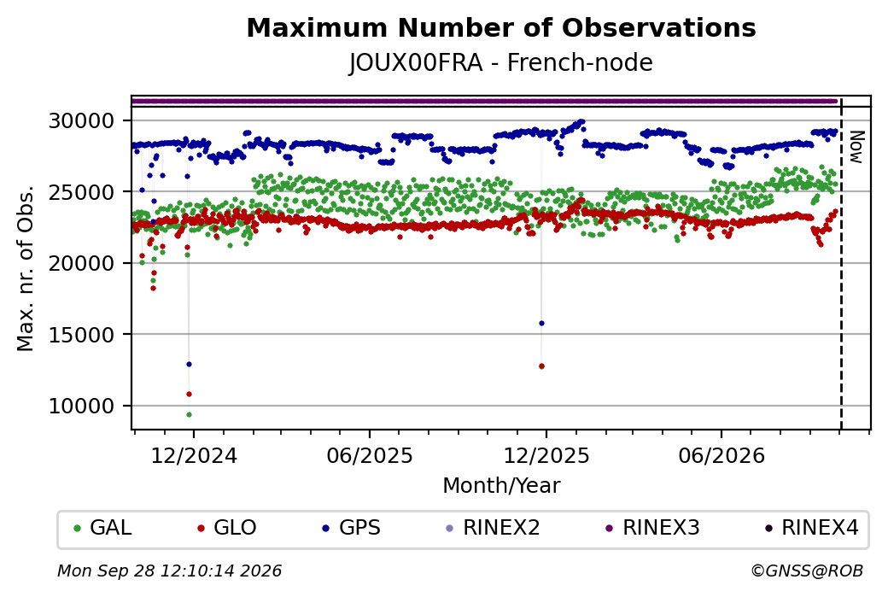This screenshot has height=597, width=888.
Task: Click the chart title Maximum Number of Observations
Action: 501,27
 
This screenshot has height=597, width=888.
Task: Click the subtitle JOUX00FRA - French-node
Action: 501,62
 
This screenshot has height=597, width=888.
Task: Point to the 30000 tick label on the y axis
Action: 82,120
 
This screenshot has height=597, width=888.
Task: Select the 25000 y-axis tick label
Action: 82,192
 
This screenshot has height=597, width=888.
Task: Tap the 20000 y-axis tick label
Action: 82,263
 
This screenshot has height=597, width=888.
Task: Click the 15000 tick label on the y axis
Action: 82,335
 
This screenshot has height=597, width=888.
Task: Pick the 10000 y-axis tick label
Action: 82,407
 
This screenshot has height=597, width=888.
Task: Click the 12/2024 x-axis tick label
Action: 194,455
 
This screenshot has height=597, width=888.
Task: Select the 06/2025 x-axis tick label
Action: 370,455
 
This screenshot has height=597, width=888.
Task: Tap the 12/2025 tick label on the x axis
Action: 546,455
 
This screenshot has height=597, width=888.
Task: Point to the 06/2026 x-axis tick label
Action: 721,455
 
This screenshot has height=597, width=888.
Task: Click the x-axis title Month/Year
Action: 501,485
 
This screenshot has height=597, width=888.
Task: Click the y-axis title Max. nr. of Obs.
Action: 26,268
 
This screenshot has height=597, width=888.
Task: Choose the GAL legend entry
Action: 103,528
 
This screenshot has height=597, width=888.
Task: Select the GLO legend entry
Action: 227,528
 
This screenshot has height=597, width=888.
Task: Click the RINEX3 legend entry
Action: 653,528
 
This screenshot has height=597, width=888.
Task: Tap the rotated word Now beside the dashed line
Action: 858,147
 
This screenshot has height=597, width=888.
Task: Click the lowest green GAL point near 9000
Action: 190,414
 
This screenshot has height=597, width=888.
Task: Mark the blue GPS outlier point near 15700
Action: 541,324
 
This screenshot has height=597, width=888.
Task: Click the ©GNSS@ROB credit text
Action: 807,571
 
